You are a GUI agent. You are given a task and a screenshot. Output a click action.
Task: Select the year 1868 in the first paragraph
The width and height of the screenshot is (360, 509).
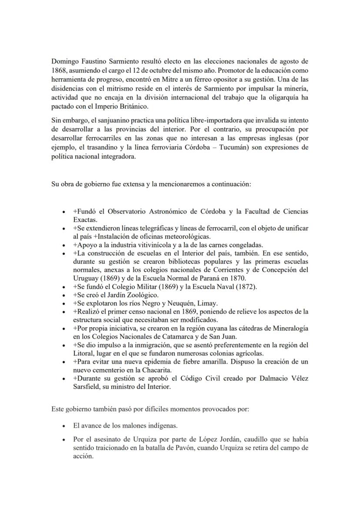[58, 70]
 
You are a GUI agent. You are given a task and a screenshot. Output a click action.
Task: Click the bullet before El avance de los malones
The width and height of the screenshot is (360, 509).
[64, 426]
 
